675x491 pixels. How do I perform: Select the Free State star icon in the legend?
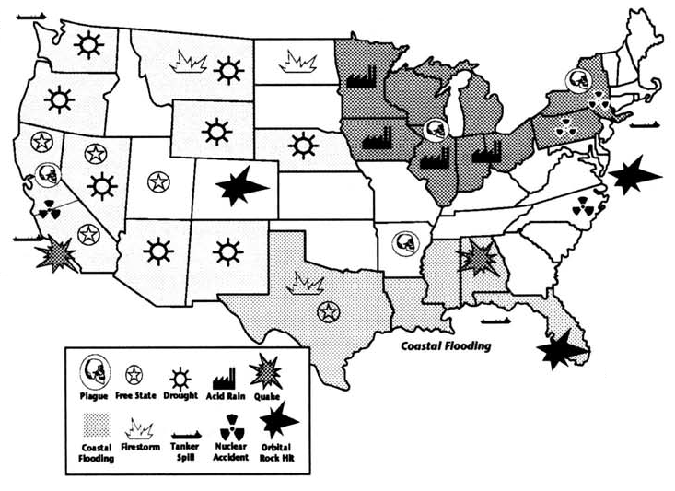coord(134,374)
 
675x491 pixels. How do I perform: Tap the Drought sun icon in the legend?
coord(180,375)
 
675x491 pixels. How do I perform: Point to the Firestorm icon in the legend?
coord(138,427)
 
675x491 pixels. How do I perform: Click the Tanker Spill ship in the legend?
coord(188,427)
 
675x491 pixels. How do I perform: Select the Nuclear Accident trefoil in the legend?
coord(229,427)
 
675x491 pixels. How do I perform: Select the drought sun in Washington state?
coord(88,44)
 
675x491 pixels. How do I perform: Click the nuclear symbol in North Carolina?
coord(582,208)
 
